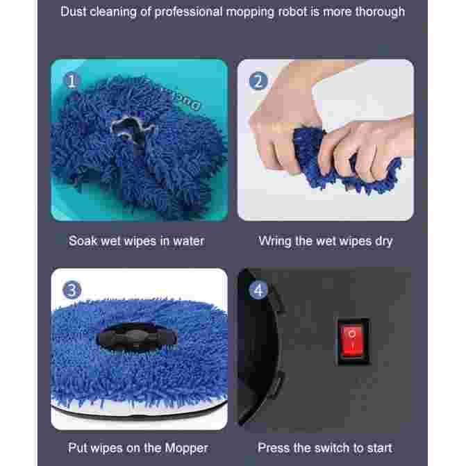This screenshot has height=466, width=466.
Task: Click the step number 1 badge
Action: [72, 81]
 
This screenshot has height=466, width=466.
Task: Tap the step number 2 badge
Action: [258, 81]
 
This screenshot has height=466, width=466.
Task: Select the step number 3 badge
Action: [72, 290]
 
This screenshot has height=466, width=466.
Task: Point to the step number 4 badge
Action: [258, 290]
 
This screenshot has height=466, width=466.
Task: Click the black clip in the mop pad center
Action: [137, 338]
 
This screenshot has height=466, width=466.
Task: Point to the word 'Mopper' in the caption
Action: [186, 448]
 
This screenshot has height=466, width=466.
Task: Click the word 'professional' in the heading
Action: [188, 13]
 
